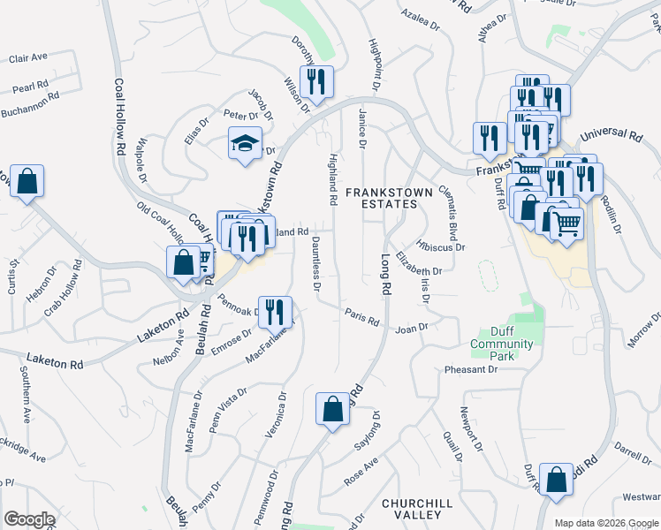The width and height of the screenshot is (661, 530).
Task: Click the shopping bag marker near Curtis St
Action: pyautogui.click(x=27, y=181)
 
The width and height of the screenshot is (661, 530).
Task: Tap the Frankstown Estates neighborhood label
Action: pyautogui.click(x=380, y=197)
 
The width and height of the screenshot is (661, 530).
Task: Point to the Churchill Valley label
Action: pyautogui.click(x=411, y=509)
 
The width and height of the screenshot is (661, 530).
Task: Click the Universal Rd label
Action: pyautogui.click(x=611, y=136)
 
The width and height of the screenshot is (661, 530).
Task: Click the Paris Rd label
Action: pyautogui.click(x=362, y=316)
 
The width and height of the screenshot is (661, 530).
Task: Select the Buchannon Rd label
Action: pyautogui.click(x=30, y=111)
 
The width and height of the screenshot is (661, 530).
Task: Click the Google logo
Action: pyautogui.click(x=29, y=519)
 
